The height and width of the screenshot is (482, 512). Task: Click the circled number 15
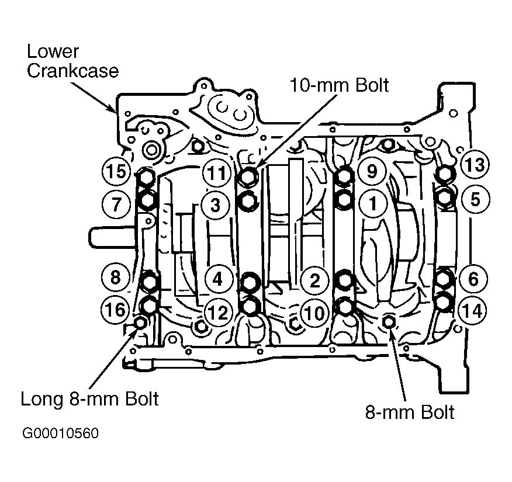pos(116,171)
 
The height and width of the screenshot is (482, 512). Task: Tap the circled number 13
pos(475,165)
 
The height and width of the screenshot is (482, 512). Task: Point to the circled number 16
pos(116,309)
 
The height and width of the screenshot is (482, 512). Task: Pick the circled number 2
pos(314,280)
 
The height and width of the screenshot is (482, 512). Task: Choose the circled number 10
pos(314,313)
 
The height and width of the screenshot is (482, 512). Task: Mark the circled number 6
pos(473,279)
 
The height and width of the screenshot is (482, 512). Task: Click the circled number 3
pos(215,205)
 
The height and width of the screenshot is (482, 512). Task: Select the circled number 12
pos(218,313)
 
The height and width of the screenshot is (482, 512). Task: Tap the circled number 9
pos(372,171)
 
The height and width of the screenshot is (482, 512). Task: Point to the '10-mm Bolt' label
pos(339,85)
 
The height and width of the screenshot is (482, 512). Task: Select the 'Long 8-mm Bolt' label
pos(89,398)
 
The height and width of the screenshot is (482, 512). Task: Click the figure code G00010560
pos(60,433)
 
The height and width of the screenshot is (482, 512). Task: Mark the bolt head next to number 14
pos(444,302)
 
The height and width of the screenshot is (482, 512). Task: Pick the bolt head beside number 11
pos(249,176)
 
